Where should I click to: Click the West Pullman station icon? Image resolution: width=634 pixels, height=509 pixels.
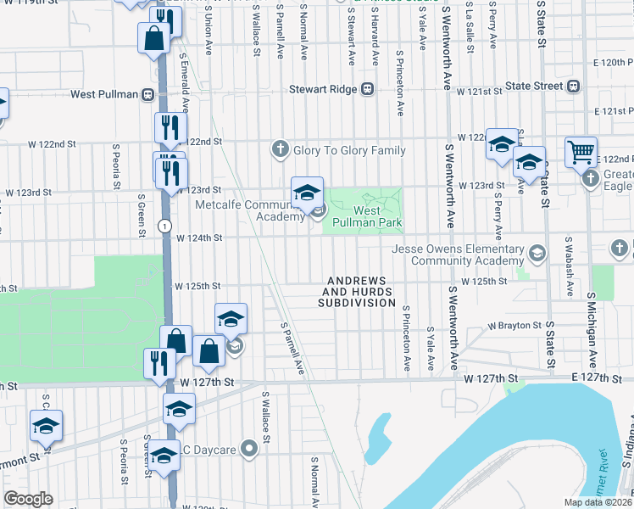click(148, 93)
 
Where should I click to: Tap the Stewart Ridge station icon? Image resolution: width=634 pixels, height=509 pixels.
click(368, 88)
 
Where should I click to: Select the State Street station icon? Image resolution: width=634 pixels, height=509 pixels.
click(574, 86)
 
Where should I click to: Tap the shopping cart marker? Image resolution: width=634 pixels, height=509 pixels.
click(581, 152)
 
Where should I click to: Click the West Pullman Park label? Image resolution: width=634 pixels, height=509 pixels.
click(378, 216)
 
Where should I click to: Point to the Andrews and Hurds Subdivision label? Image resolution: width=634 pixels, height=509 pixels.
click(356, 291)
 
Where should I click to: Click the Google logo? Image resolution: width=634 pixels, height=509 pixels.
click(28, 499)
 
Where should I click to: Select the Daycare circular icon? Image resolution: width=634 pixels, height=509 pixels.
click(248, 447)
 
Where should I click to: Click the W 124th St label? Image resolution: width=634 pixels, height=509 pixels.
click(198, 238)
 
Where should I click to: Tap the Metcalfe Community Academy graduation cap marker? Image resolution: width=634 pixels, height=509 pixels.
click(307, 192)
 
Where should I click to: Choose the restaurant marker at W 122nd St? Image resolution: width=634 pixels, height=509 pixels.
click(170, 128)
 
